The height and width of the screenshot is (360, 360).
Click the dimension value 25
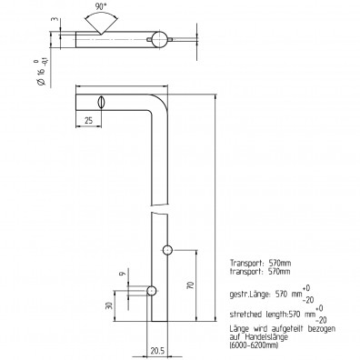(x=88, y=120)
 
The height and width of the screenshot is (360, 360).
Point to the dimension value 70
(x=191, y=285)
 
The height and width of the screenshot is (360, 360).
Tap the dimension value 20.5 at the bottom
(x=156, y=349)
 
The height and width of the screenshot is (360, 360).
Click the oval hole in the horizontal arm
(x=102, y=101)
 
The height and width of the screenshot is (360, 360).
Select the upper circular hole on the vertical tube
(x=167, y=249)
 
